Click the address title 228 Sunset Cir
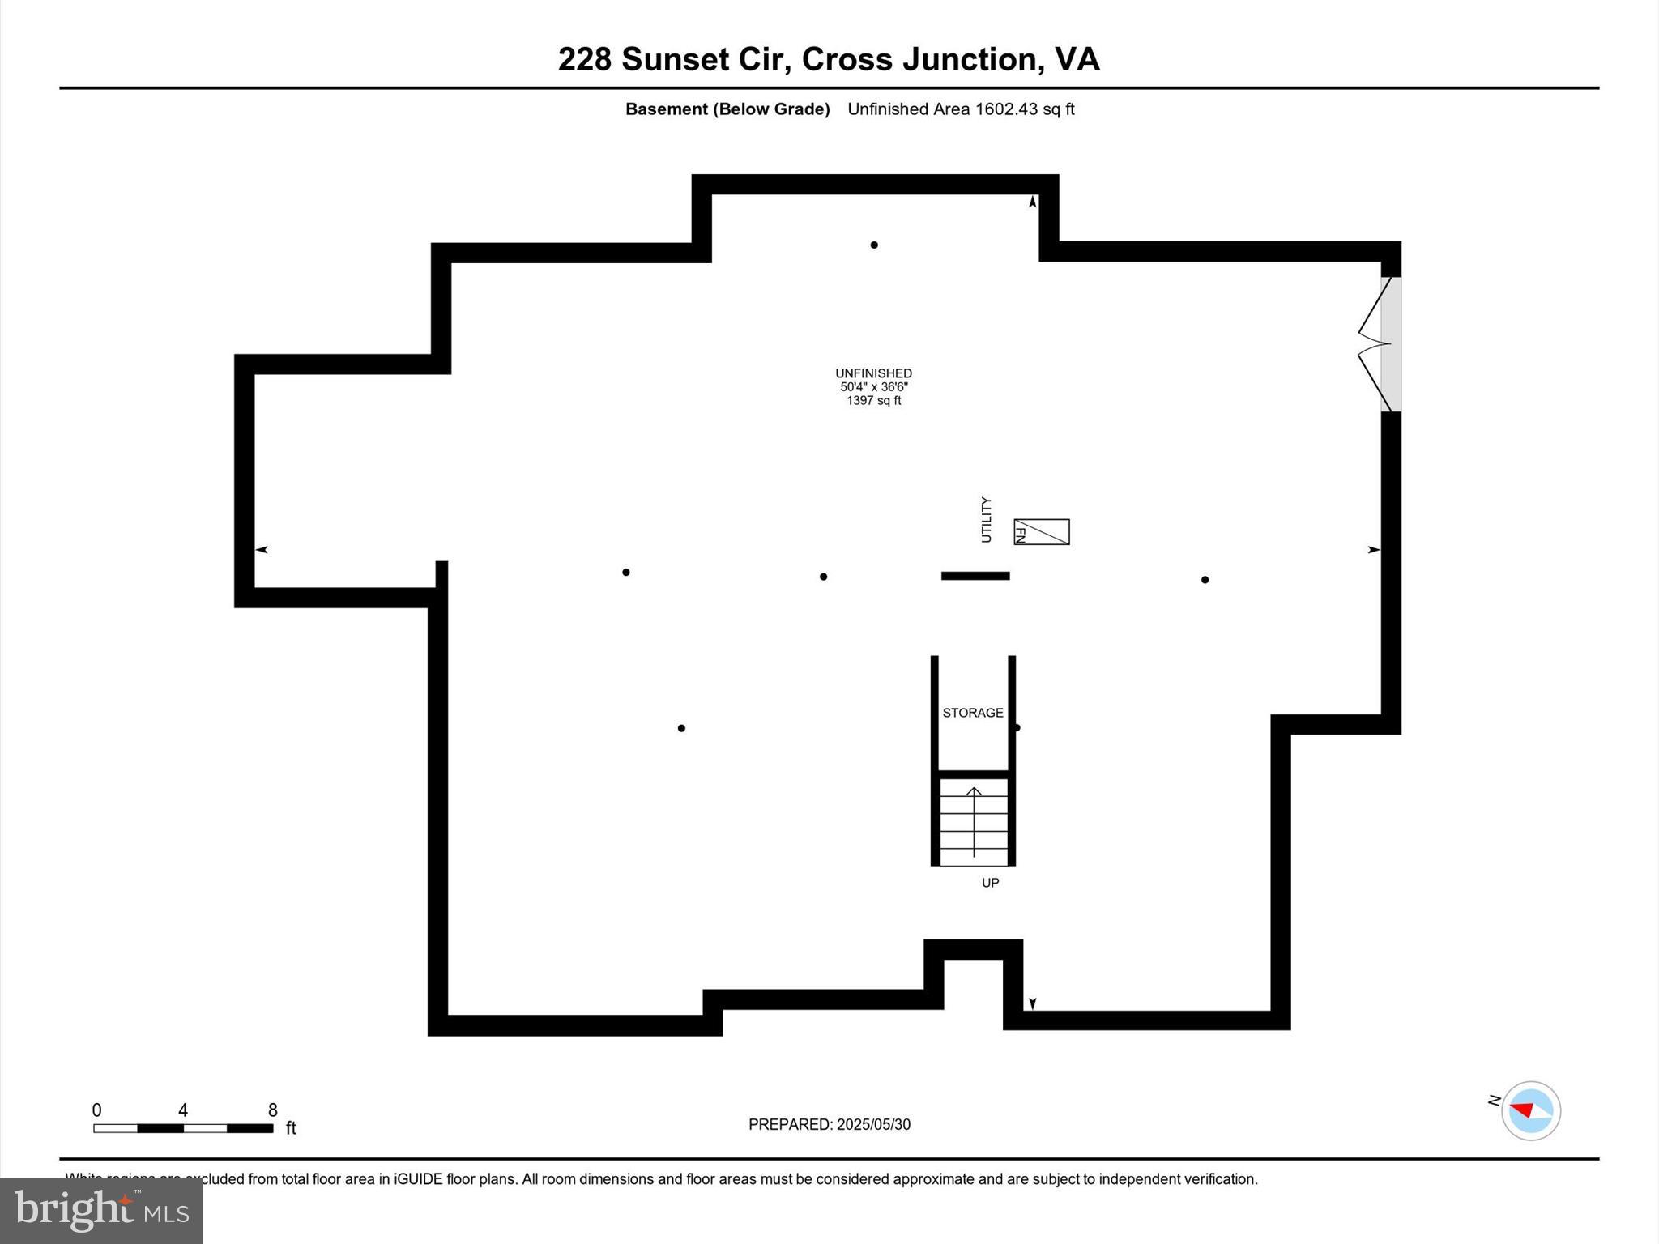coord(828,59)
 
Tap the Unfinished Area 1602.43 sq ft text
coord(961,109)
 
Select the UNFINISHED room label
coord(873,373)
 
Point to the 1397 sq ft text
coord(873,401)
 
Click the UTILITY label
coord(986,520)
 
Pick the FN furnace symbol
coord(1042,532)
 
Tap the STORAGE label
coord(973,713)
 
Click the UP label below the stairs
coord(990,883)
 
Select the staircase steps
coord(974,821)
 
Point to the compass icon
coord(1530,1110)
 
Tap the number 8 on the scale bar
coord(273,1110)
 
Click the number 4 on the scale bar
coord(183,1110)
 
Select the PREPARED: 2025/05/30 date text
coord(829,1124)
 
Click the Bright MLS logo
coord(101,1210)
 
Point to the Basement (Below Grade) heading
coord(727,109)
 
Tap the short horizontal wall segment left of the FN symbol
coord(975,576)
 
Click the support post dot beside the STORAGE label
coord(1017,727)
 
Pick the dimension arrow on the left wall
coord(262,550)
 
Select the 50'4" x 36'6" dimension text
coord(873,387)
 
